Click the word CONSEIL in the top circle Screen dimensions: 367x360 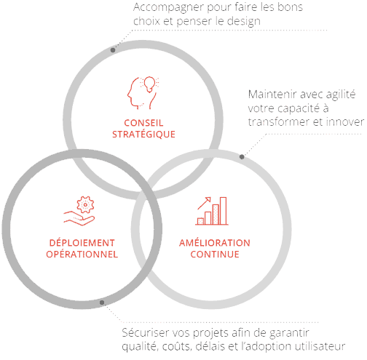point(143,123)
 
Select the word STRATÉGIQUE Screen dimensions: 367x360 point(143,135)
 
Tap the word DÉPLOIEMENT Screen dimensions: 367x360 point(82,242)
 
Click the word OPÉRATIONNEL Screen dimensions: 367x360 point(82,254)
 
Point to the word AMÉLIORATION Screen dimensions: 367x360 point(215,242)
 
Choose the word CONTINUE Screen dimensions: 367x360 point(215,254)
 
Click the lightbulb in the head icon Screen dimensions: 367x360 point(150,84)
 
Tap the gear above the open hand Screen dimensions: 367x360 point(85,204)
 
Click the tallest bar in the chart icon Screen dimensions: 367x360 point(224,211)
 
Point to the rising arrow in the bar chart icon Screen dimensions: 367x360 point(204,203)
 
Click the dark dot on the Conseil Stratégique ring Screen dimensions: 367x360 point(113,50)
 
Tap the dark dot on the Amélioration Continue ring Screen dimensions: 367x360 point(242,157)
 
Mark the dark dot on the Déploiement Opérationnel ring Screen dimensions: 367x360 point(102,303)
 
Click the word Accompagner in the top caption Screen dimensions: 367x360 point(168,8)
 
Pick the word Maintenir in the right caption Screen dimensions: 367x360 point(272,94)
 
